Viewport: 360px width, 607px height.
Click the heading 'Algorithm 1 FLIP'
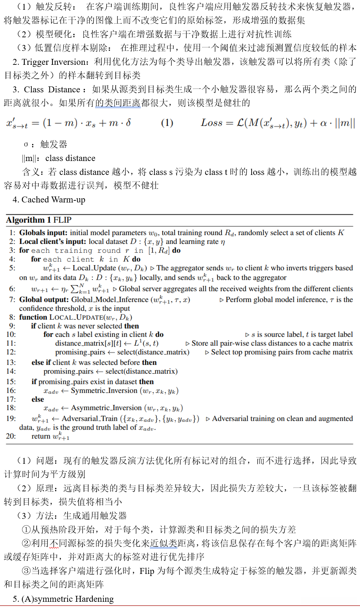pos(39,220)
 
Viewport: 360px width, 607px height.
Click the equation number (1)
pos(167,123)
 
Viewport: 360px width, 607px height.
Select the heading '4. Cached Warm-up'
pos(49,200)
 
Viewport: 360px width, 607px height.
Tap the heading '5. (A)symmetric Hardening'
pos(63,599)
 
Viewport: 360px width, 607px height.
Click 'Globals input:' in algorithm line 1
pos(43,233)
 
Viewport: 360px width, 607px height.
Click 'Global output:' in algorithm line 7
pos(44,300)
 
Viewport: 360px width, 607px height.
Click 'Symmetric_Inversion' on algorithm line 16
pos(104,391)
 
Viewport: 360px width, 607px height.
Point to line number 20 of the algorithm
pos(11,436)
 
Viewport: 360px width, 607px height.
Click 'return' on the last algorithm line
pos(41,436)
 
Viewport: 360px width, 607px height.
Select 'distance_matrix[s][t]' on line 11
pos(88,343)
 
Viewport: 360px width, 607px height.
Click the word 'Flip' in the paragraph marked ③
pos(147,571)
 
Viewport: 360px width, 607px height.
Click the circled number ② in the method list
pos(26,543)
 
